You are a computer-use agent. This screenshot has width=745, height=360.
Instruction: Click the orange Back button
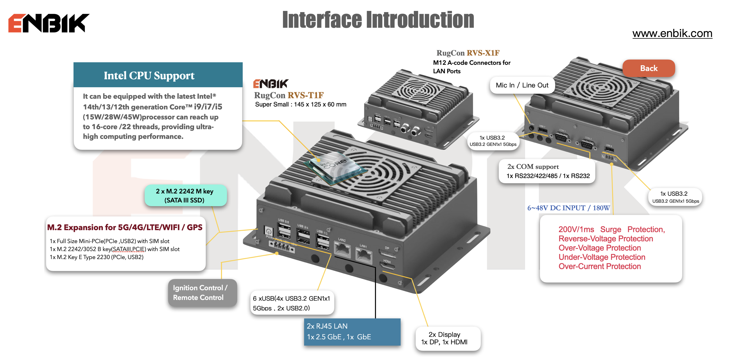(x=649, y=68)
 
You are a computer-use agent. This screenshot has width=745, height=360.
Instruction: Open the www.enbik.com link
(x=672, y=34)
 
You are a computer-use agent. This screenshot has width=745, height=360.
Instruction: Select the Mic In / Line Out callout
(x=522, y=85)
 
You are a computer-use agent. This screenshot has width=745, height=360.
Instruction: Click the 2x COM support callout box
(x=547, y=171)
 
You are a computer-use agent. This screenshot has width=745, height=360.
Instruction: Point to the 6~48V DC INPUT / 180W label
(x=568, y=208)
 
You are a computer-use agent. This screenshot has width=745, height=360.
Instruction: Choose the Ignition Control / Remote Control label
(x=203, y=293)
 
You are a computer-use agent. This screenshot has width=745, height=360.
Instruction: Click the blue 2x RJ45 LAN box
(x=352, y=332)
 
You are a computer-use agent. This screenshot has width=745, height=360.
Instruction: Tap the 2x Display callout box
(x=448, y=338)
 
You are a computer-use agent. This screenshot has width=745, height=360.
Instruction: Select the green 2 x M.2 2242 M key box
(x=185, y=195)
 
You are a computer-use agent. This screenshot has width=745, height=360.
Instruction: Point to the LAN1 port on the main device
(x=364, y=255)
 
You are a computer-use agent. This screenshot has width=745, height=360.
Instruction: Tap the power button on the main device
(x=268, y=231)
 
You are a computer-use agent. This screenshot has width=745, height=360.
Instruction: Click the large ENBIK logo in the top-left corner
(x=49, y=23)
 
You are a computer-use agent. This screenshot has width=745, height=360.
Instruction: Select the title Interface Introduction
(x=378, y=20)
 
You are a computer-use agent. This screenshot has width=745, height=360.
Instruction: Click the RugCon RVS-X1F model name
(x=468, y=53)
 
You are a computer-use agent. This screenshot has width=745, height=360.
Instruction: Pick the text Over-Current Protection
(x=599, y=266)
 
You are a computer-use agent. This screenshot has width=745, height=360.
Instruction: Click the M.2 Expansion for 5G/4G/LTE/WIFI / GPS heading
(x=125, y=228)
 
